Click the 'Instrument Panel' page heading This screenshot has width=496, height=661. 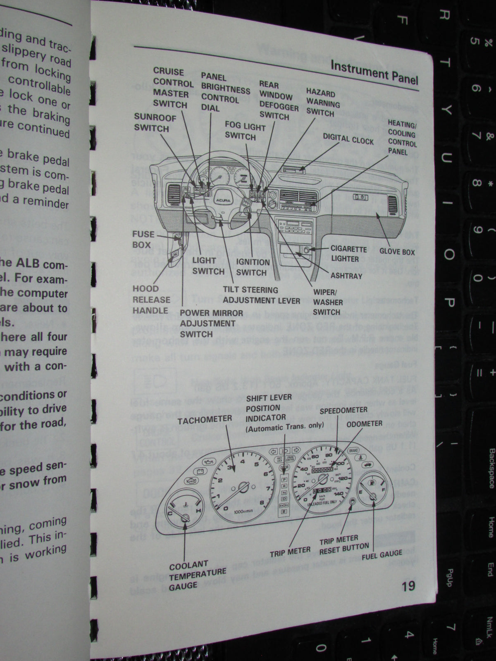pos(374,73)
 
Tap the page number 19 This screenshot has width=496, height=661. pos(408,585)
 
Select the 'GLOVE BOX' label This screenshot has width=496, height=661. pos(397,251)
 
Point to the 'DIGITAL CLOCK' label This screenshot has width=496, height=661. pos(348,139)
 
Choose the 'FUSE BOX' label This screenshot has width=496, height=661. pos(143,239)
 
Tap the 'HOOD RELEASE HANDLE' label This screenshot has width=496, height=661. pos(151,300)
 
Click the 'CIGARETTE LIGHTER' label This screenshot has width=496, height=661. pos(348,254)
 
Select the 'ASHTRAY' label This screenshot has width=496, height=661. pos(346,276)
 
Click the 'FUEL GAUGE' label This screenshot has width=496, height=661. pos(382,554)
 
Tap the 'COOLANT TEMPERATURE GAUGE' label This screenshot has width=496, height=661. pos(197,575)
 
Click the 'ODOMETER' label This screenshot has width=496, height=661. pos(364,424)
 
